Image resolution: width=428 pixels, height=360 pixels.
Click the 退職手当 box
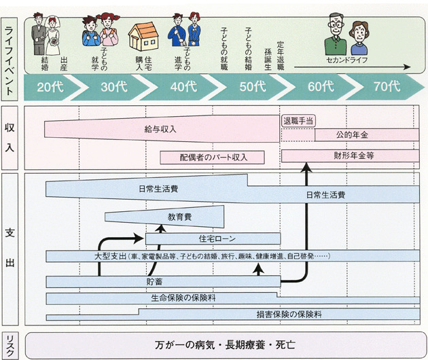point(298,120)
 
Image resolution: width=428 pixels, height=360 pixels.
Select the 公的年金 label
point(351,134)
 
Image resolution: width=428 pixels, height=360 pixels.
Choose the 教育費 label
point(179,217)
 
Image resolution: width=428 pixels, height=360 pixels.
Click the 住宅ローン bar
point(213,238)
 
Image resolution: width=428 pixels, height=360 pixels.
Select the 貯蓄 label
point(154,281)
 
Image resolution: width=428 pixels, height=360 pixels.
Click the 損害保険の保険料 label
point(289,314)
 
